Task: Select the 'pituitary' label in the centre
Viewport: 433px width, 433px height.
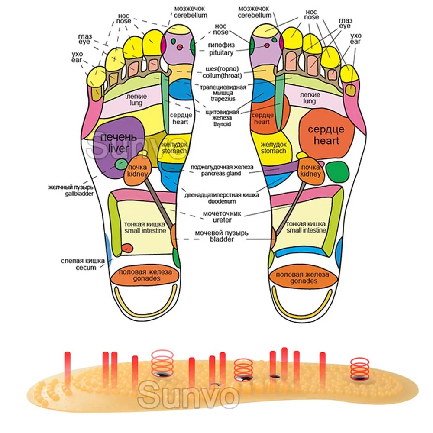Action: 221,52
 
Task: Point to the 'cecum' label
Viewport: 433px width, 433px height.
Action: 86,268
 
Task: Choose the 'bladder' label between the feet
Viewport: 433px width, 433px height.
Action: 221,239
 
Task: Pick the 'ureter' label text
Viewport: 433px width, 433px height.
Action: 222,220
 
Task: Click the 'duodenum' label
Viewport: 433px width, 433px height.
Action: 222,201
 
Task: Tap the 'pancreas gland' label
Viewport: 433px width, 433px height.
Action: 221,174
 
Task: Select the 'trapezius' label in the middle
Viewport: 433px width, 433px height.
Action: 223,99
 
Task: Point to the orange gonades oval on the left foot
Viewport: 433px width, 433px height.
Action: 145,275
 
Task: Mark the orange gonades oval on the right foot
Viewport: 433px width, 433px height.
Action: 303,278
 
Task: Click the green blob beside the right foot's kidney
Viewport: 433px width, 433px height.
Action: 337,172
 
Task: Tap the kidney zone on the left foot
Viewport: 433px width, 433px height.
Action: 137,170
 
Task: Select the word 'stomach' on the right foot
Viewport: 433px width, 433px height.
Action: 273,151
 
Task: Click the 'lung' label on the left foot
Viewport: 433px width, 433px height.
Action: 136,103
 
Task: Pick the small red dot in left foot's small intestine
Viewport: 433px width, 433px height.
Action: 127,247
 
